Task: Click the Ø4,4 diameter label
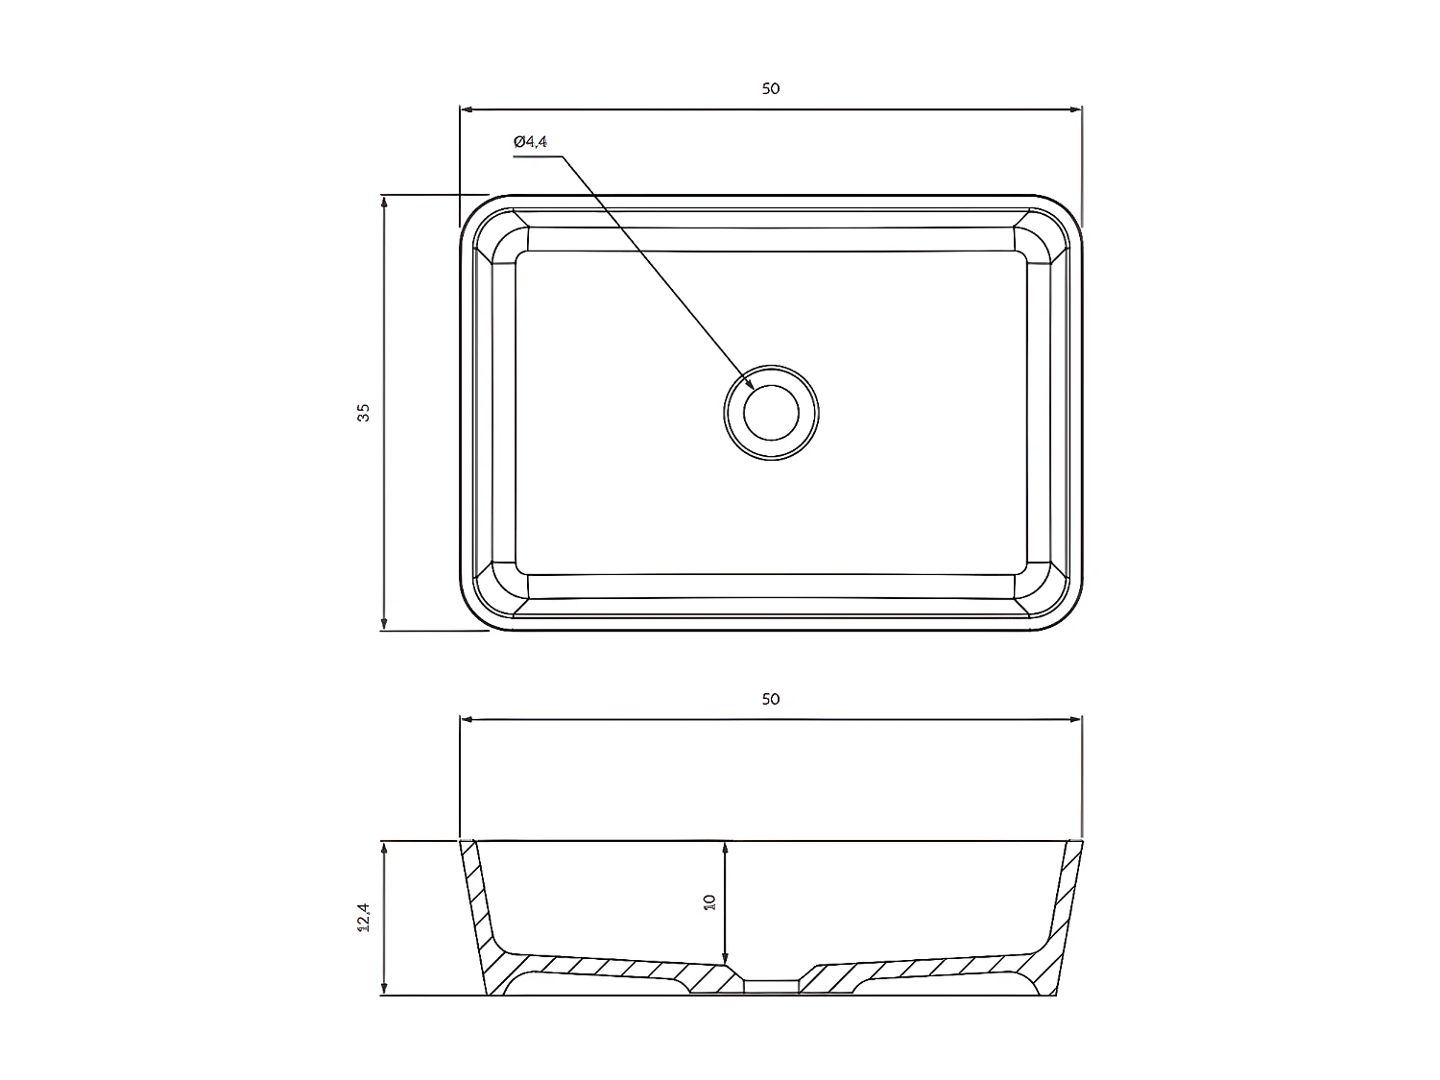pos(530,142)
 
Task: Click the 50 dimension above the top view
pos(770,88)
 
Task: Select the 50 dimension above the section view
pos(770,699)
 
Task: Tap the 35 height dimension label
pos(363,413)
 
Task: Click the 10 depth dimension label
pos(709,902)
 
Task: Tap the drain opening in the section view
pos(771,985)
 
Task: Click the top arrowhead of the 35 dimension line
pos(384,201)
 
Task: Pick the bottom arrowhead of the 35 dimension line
pos(384,625)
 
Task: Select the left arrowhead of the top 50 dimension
pos(467,108)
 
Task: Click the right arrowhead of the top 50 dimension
pos(1076,108)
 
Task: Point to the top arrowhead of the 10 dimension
pos(726,848)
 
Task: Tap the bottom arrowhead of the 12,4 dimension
pos(384,990)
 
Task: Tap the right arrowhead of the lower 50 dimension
pos(1076,718)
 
